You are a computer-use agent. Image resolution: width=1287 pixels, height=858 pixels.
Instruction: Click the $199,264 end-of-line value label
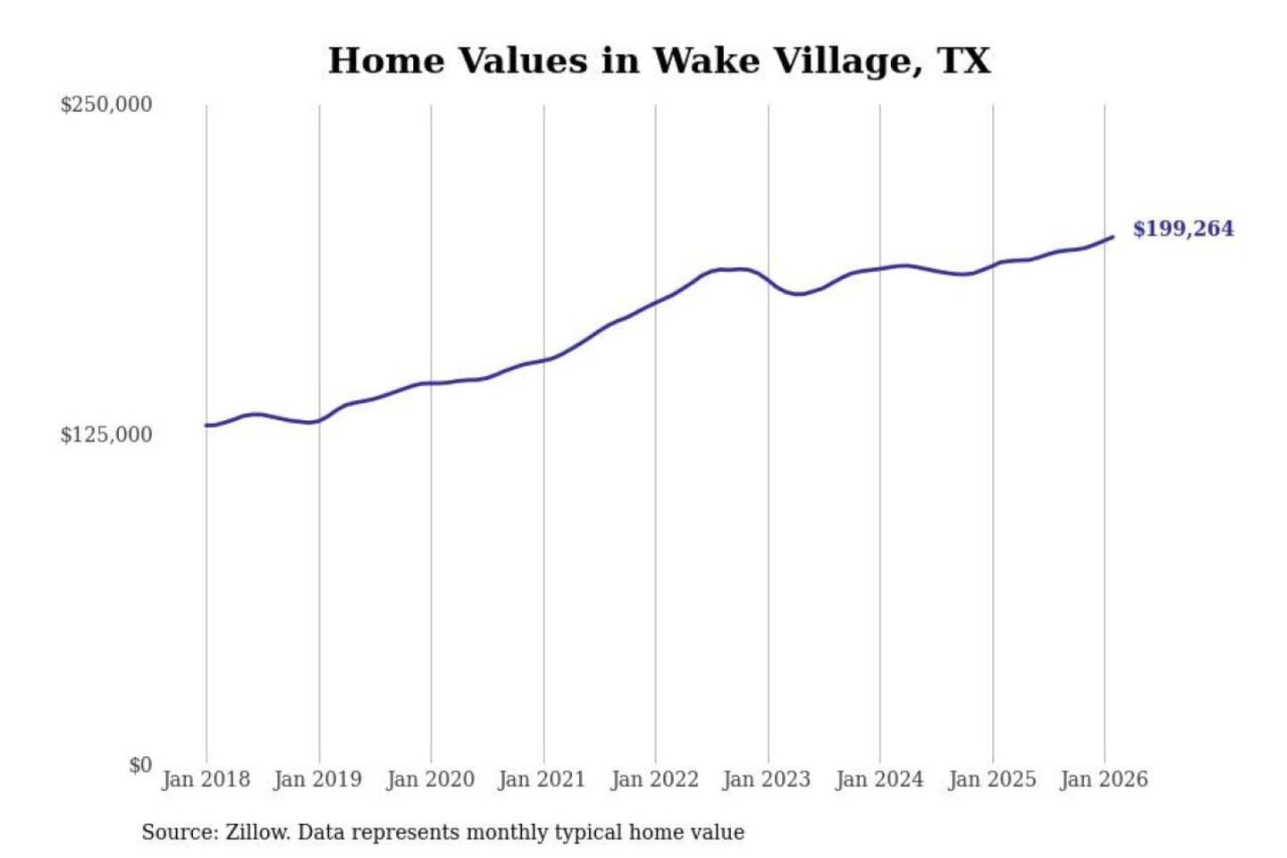pyautogui.click(x=1182, y=229)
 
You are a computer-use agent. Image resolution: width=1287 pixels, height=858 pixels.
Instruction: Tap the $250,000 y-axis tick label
pyautogui.click(x=106, y=105)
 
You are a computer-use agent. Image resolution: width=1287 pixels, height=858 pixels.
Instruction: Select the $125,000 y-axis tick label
pyautogui.click(x=106, y=435)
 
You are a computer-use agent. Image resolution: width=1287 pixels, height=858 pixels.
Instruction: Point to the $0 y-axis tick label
pyautogui.click(x=140, y=765)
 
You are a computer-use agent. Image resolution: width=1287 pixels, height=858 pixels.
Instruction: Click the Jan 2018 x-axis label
pyautogui.click(x=206, y=779)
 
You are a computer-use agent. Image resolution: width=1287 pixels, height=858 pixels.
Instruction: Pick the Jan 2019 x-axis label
pyautogui.click(x=318, y=779)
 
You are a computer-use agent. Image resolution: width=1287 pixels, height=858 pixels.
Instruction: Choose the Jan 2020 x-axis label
pyautogui.click(x=430, y=779)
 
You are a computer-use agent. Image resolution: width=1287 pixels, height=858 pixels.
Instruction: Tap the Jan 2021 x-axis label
pyautogui.click(x=542, y=779)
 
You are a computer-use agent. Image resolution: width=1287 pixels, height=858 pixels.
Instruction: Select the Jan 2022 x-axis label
pyautogui.click(x=654, y=779)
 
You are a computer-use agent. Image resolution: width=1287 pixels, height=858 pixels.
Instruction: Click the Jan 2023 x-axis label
pyautogui.click(x=766, y=779)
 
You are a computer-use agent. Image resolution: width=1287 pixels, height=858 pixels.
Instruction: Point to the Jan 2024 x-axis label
pyautogui.click(x=879, y=779)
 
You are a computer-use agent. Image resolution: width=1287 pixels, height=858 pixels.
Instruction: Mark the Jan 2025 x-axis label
pyautogui.click(x=991, y=779)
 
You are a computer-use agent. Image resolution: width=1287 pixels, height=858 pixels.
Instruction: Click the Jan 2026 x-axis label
pyautogui.click(x=1103, y=779)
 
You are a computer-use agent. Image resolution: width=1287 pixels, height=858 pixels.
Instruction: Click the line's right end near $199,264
pyautogui.click(x=1112, y=237)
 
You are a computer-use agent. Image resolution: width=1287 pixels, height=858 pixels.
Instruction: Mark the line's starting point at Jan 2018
pyautogui.click(x=206, y=425)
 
